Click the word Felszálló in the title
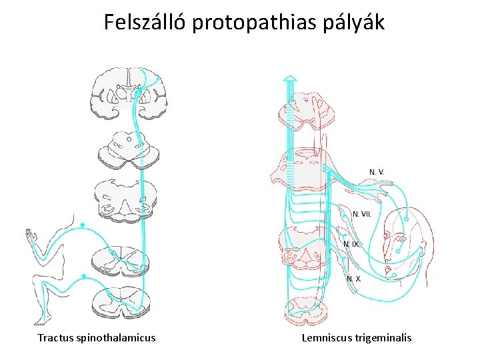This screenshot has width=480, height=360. click(x=145, y=23)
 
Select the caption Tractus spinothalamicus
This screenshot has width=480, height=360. click(x=97, y=337)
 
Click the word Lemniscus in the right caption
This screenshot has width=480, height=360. click(x=326, y=337)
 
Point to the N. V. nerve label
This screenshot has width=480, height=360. click(x=377, y=173)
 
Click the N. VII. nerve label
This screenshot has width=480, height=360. click(x=362, y=214)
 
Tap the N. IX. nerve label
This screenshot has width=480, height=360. click(x=351, y=245)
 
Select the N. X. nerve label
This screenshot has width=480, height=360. click(x=354, y=279)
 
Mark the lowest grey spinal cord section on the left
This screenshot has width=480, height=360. click(x=121, y=303)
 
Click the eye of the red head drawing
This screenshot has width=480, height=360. click(x=400, y=238)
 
